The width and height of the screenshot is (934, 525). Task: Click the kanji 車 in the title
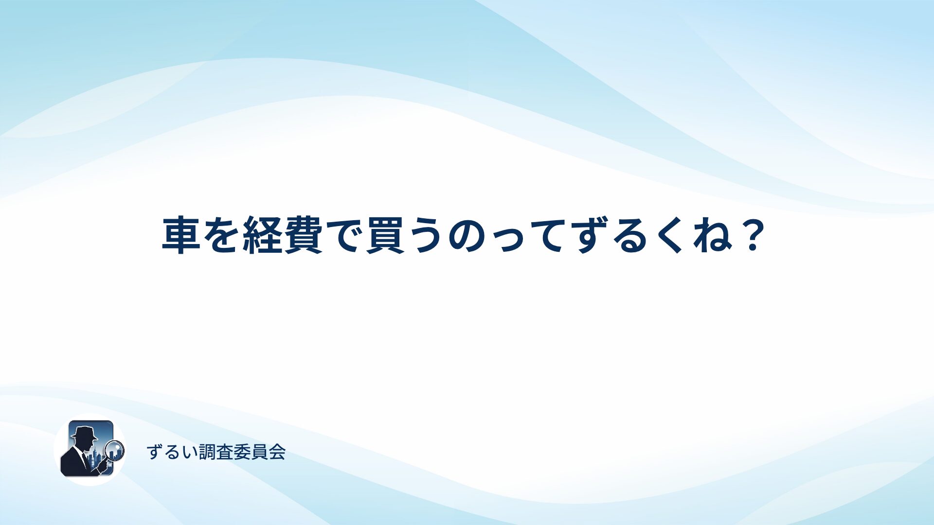(x=181, y=235)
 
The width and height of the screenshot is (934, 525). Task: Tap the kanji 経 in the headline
(x=262, y=235)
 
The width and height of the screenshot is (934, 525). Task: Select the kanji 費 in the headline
(x=303, y=235)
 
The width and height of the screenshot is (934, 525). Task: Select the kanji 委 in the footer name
(x=242, y=452)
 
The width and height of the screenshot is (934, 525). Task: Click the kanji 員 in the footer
(x=260, y=452)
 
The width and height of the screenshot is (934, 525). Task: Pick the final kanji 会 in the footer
(x=277, y=452)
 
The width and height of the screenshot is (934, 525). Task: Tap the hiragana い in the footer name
(x=190, y=453)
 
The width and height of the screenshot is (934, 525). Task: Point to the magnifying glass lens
(x=115, y=450)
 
